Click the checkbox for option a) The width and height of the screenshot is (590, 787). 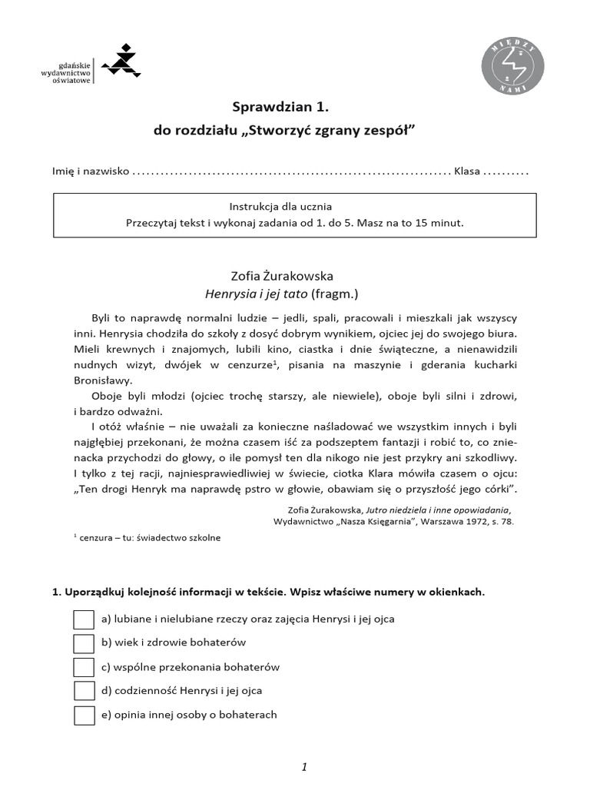pyautogui.click(x=84, y=619)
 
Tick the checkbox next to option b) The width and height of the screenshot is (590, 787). pyautogui.click(x=84, y=643)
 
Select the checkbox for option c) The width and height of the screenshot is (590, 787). pyautogui.click(x=84, y=667)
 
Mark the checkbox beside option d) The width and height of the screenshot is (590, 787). pyautogui.click(x=84, y=691)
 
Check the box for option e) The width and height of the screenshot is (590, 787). pyautogui.click(x=84, y=716)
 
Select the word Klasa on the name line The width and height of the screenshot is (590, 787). pyautogui.click(x=467, y=171)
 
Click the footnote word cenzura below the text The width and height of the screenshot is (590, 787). pyautogui.click(x=95, y=538)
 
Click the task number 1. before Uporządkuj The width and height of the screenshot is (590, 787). pyautogui.click(x=56, y=593)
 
